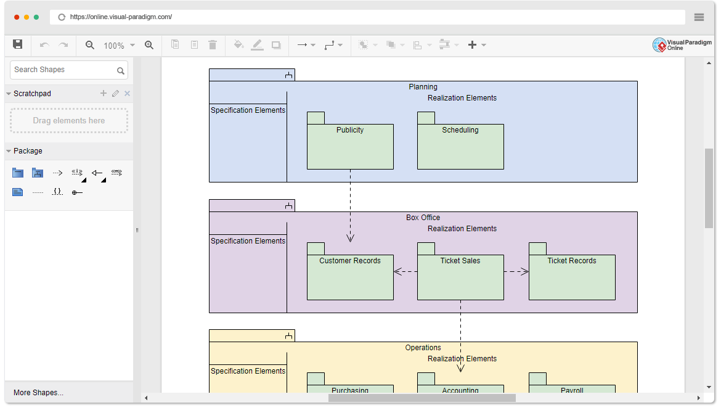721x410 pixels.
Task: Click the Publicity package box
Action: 350,147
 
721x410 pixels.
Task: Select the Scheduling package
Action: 460,147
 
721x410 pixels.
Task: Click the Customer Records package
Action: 350,277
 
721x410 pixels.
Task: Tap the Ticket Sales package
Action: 460,281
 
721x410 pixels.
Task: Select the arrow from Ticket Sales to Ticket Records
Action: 516,271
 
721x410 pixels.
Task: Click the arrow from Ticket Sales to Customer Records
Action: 405,271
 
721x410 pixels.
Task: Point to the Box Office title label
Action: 423,218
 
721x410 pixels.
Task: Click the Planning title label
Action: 423,87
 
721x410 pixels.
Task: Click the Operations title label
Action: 423,348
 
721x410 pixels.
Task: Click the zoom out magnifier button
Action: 90,45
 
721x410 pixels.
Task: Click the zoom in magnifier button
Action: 149,45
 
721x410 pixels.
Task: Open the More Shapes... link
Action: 38,393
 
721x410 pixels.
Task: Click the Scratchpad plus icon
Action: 104,94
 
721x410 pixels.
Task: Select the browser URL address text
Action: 121,17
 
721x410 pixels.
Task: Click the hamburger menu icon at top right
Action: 699,17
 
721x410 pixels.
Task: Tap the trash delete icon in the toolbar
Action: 213,45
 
